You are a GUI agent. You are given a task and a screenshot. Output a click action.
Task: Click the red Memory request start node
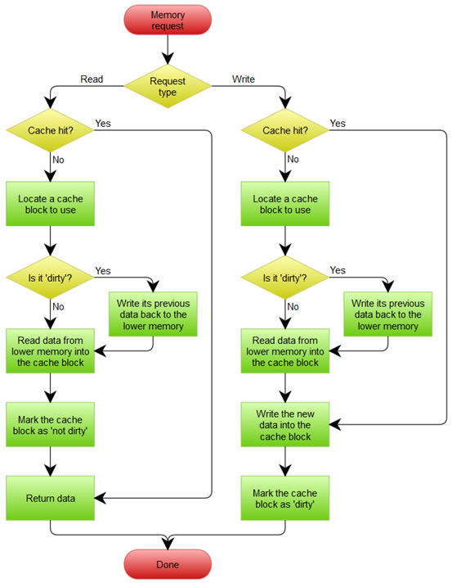pos(168,20)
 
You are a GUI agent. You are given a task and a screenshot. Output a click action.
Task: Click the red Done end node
pos(168,565)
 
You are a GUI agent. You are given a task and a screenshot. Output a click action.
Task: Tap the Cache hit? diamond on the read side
pos(51,130)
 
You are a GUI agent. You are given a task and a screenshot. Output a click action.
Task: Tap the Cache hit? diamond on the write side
pos(285,130)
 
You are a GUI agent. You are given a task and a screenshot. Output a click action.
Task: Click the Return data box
pos(51,497)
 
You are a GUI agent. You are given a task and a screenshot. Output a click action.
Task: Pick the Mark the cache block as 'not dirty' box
pos(51,426)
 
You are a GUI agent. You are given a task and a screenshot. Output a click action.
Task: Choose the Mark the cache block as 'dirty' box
pos(285,497)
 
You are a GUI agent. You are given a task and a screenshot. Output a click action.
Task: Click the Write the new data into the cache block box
pos(285,426)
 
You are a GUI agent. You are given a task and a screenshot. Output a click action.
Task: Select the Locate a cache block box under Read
pos(51,204)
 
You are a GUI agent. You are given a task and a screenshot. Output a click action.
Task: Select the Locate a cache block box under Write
pos(285,204)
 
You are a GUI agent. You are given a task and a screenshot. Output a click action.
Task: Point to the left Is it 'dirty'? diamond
pos(51,278)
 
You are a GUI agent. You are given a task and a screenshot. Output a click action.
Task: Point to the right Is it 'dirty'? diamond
pos(285,278)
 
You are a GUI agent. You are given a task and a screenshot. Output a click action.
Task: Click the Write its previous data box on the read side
pos(154,314)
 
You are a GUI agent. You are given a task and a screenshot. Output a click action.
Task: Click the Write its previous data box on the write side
pos(387,314)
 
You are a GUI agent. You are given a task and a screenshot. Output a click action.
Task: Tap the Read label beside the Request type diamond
pos(91,79)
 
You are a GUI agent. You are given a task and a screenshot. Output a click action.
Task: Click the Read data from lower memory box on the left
pos(51,351)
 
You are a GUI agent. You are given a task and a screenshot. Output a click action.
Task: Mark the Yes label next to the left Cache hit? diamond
pos(104,123)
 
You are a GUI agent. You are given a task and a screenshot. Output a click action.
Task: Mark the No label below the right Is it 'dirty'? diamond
pos(293,306)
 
